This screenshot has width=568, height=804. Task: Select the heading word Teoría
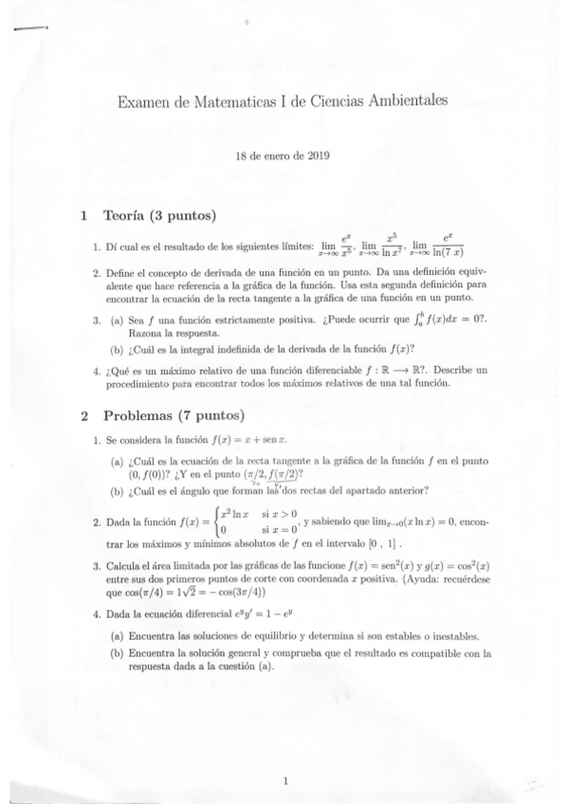[x=126, y=214]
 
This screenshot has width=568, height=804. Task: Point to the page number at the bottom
[x=285, y=780]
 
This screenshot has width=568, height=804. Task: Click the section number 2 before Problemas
[x=84, y=415]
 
